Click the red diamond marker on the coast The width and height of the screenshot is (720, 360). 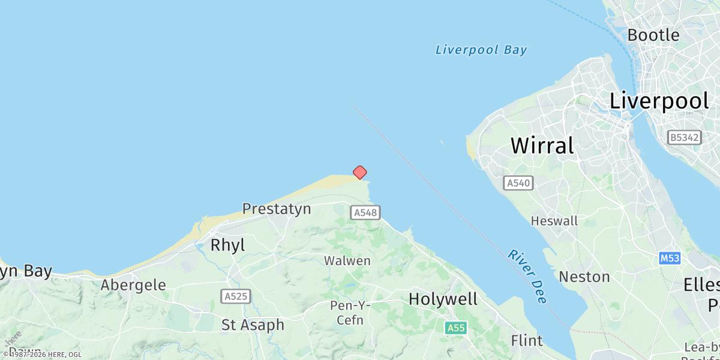click(359, 173)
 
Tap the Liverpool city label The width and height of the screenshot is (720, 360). click(659, 101)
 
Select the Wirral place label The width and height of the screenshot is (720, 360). click(542, 145)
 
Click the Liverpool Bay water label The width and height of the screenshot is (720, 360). click(481, 50)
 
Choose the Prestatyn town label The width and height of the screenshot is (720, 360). click(277, 209)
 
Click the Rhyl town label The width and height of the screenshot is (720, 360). click(228, 245)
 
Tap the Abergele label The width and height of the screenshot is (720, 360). click(133, 285)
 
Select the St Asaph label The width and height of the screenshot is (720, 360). click(253, 325)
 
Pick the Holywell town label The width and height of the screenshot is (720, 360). click(443, 299)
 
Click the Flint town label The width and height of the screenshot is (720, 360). click(527, 341)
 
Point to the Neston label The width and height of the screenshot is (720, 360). click(584, 277)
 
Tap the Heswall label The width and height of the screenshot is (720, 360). click(554, 221)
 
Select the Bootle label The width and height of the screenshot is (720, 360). click(653, 35)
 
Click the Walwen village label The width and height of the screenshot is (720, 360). click(347, 261)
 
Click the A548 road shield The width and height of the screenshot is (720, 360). click(366, 212)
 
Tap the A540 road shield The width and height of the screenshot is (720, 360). click(518, 183)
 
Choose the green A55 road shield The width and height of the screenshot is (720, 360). click(456, 328)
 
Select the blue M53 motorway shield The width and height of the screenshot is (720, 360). click(670, 258)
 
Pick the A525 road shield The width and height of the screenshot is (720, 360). click(236, 296)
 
